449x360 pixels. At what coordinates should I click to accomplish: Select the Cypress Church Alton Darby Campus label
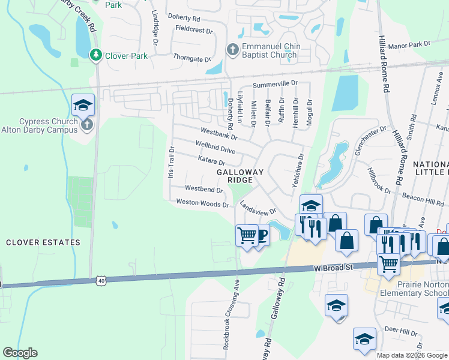pos(48,125)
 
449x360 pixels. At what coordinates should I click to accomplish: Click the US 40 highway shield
pos(101,280)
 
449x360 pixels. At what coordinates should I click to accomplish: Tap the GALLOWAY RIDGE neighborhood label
pos(240,176)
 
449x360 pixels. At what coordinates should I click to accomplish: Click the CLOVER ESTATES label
pos(43,242)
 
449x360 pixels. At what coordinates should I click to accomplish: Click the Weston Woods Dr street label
pos(202,203)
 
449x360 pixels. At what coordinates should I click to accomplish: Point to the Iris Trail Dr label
pos(171,162)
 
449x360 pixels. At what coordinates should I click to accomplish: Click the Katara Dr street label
pos(211,160)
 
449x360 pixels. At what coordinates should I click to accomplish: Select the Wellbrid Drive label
pos(215,146)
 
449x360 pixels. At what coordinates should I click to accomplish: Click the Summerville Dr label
pos(275,84)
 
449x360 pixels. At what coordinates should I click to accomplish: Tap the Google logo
pos(20,353)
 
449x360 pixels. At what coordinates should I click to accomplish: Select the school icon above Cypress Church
pos(83,106)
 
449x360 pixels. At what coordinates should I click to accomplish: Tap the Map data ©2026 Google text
pos(412,355)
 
